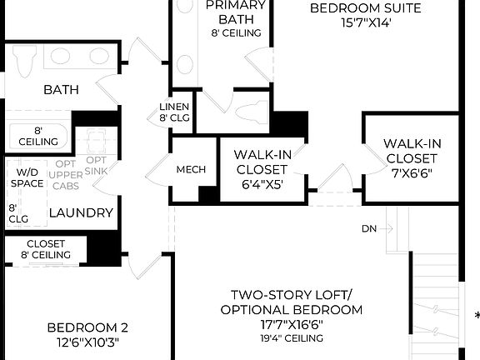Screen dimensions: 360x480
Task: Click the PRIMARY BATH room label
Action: [236, 12]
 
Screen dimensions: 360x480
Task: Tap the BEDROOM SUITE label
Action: [365, 8]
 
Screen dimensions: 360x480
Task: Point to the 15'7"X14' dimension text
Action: [365, 24]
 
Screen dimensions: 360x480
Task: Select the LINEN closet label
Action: [174, 107]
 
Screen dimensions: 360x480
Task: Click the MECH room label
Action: [190, 169]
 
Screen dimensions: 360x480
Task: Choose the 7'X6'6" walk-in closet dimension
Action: [411, 173]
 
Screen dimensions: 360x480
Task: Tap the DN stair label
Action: [371, 228]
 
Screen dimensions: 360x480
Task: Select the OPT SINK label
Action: [97, 166]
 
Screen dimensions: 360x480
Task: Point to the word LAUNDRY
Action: [81, 213]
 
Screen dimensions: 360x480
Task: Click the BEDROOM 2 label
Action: [87, 327]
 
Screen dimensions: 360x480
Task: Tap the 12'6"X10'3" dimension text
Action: [87, 342]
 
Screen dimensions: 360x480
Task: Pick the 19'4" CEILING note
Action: [292, 338]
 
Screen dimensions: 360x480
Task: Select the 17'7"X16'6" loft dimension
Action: [292, 325]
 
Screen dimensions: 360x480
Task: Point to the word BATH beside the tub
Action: [61, 88]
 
